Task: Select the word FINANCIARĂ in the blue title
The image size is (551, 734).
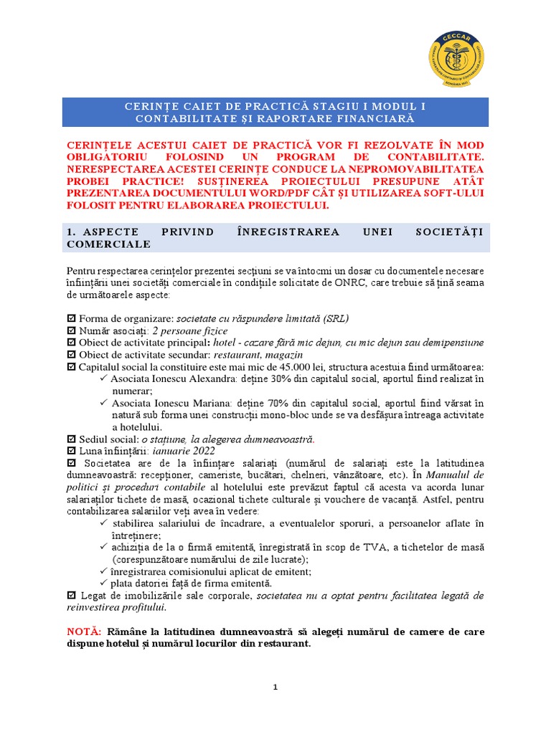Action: point(372,118)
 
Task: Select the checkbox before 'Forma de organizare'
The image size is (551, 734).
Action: point(70,318)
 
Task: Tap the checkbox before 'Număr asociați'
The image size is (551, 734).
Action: point(70,330)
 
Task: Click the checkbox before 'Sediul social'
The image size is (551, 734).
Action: point(70,439)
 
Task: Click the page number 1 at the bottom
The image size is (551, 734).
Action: point(275,687)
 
